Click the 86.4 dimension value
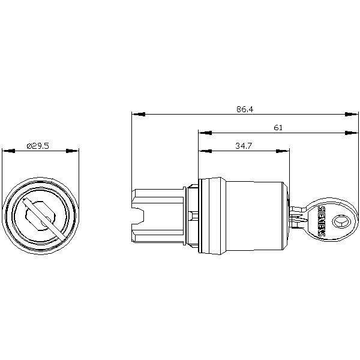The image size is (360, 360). click(x=245, y=109)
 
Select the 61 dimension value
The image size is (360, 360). click(x=278, y=127)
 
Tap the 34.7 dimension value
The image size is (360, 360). click(x=244, y=146)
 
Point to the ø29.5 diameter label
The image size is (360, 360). click(x=38, y=146)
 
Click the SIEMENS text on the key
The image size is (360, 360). click(x=322, y=221)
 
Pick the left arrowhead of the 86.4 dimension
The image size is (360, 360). click(x=139, y=114)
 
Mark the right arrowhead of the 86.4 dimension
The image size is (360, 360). click(x=351, y=114)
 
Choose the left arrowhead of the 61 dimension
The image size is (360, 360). click(x=205, y=133)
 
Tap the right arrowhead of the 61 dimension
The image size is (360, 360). click(x=351, y=133)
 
